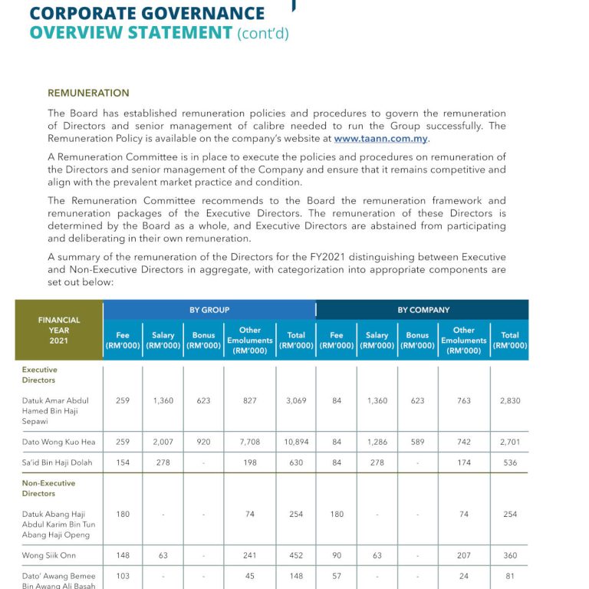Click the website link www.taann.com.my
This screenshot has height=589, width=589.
[381, 139]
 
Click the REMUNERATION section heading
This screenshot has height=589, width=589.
[88, 93]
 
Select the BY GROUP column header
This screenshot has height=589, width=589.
[209, 310]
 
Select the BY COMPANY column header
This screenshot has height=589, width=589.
[423, 310]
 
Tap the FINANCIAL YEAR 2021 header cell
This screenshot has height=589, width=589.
[59, 330]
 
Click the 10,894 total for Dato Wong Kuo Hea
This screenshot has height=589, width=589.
[296, 443]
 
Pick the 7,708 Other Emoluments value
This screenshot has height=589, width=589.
[250, 443]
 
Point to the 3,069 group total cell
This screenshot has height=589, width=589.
[296, 400]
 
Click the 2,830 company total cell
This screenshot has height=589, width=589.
[510, 400]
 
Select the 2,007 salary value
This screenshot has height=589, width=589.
[163, 443]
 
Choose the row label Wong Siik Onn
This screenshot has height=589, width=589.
[49, 555]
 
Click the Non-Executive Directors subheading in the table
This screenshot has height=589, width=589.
[48, 489]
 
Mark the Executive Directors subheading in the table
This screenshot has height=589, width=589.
[39, 374]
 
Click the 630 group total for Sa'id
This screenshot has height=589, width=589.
[296, 462]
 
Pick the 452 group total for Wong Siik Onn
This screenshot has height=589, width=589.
[296, 555]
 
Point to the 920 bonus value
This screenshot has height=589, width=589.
[204, 443]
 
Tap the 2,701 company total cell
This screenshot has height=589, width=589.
[510, 443]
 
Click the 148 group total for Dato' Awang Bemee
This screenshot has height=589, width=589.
[296, 576]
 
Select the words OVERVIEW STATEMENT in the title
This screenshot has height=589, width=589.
[130, 32]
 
